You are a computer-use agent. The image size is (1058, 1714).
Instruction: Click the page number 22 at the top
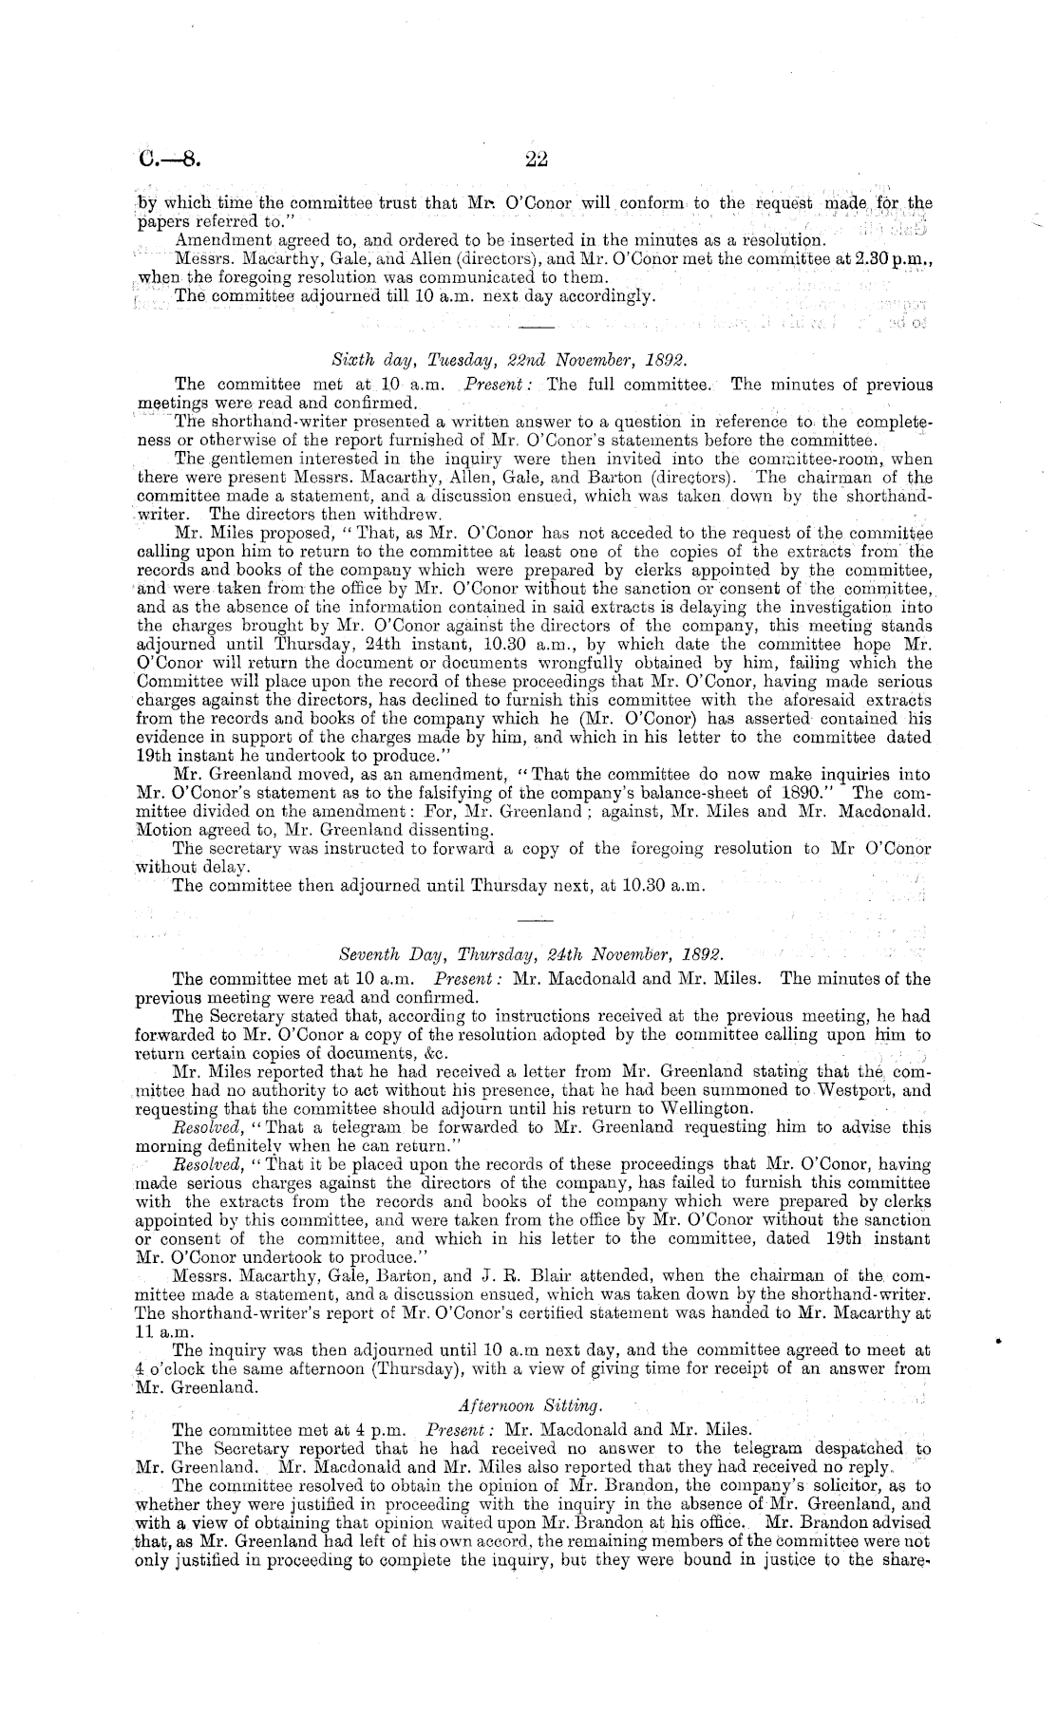(529, 160)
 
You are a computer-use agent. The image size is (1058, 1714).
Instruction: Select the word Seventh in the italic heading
(371, 952)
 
